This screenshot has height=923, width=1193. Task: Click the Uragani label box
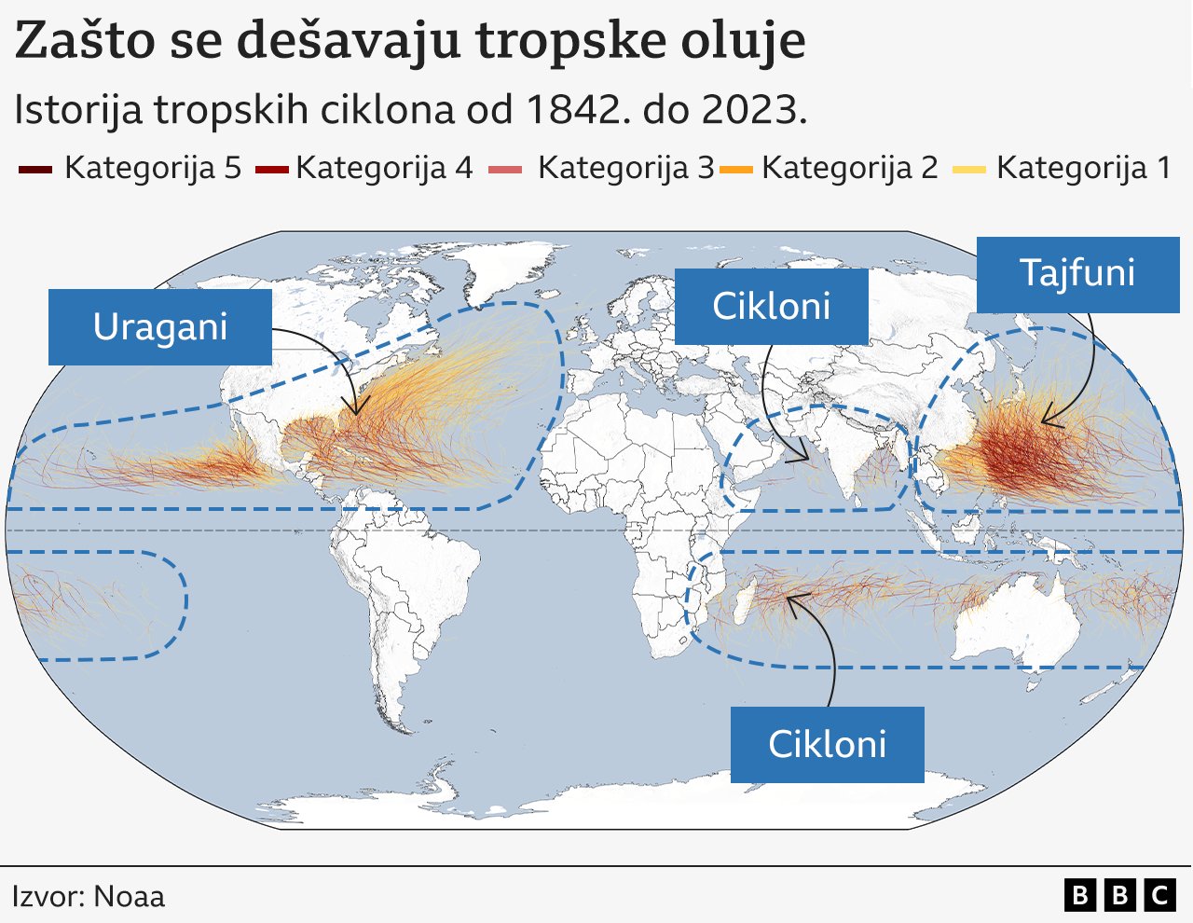click(160, 327)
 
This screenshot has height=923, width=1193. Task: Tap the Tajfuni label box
click(1077, 274)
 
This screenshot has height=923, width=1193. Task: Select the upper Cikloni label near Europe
click(771, 307)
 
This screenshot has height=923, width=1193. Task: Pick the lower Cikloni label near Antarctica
click(827, 745)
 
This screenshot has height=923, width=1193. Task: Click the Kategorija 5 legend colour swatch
click(34, 170)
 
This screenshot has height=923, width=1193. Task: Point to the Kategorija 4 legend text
click(384, 168)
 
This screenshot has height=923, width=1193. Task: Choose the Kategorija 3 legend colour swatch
click(506, 170)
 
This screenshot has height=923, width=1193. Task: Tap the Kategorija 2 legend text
click(849, 168)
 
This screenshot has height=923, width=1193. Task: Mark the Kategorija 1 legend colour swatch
click(969, 170)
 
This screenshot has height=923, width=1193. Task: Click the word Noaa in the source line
click(130, 897)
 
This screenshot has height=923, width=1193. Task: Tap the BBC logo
click(1119, 896)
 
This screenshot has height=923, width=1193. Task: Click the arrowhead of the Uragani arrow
click(353, 409)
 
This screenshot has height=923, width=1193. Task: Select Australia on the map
click(1016, 620)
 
